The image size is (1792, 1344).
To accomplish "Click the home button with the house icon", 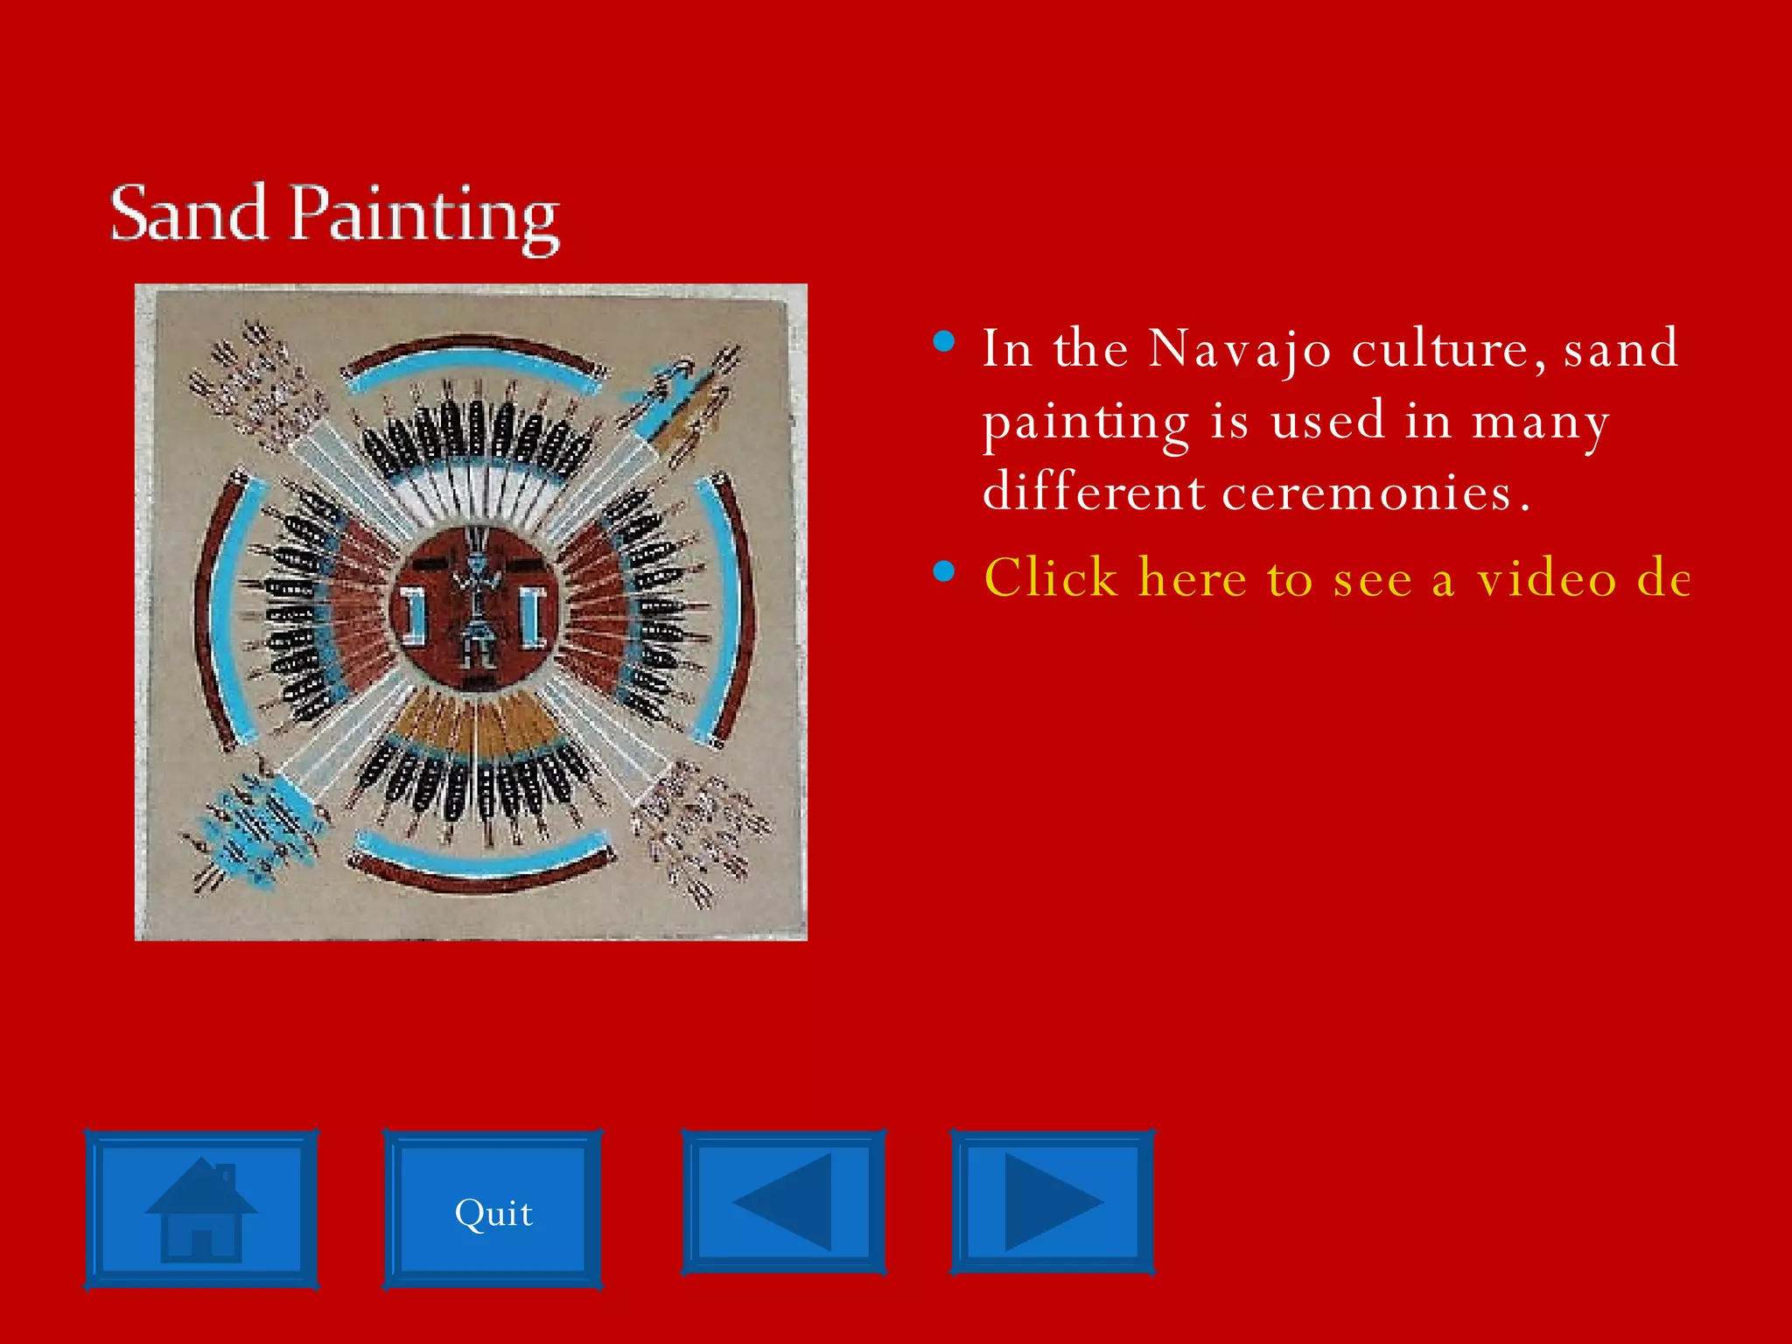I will pos(201,1209).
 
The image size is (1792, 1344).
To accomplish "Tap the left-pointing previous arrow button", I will pos(784,1200).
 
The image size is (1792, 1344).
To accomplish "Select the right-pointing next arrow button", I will pos(1053,1200).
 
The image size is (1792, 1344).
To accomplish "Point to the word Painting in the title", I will pos(423,216).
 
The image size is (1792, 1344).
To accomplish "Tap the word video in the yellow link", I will pos(1547,579).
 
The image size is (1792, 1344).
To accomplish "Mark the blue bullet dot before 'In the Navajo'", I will pos(944,341).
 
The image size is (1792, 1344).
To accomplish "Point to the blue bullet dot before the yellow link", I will pos(944,571).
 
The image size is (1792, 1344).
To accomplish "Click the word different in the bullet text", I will pos(1094,492).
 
